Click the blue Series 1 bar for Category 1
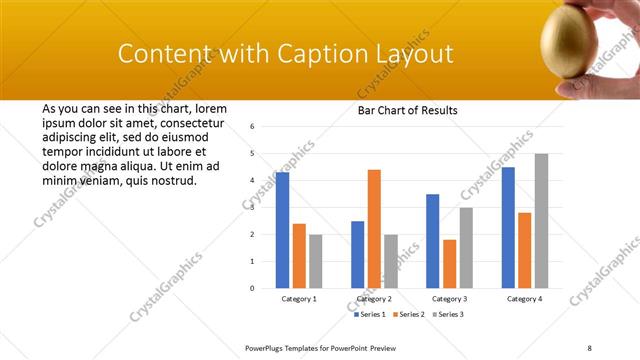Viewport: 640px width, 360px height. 283,230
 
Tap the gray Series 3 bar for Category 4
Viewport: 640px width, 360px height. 541,220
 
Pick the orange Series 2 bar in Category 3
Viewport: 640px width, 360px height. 450,263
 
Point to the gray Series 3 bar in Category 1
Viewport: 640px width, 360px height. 316,261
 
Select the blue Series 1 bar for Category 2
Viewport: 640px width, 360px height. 357,254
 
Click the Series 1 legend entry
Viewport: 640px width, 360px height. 370,314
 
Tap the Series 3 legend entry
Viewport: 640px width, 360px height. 448,314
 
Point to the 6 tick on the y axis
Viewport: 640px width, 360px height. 253,127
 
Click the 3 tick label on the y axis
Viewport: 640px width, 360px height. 253,208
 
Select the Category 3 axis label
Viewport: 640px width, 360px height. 449,299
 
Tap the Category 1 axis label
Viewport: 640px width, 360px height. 299,299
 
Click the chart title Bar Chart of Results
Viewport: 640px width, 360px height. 407,111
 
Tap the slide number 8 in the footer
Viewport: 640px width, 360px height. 590,347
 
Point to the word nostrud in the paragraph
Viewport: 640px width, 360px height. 171,181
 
